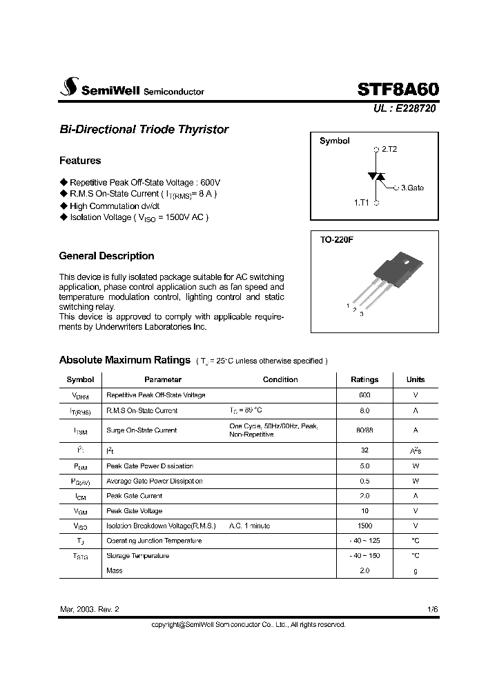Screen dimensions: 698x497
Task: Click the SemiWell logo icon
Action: tap(68, 87)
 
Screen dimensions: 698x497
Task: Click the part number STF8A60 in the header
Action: tap(398, 89)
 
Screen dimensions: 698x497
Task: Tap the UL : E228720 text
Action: tap(405, 108)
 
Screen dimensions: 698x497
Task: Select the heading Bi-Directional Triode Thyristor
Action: tap(144, 130)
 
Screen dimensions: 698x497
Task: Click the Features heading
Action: tap(80, 161)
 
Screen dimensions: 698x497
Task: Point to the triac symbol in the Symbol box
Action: tap(376, 177)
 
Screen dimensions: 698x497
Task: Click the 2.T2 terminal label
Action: tap(389, 149)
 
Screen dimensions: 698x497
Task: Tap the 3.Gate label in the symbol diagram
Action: tap(412, 187)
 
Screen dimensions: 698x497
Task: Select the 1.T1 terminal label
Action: tap(362, 203)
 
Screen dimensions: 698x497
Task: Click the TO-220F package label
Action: tap(337, 241)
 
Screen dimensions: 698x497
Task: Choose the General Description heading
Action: tap(106, 256)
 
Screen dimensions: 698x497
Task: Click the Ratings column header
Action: tap(364, 379)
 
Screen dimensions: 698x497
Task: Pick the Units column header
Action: tap(416, 379)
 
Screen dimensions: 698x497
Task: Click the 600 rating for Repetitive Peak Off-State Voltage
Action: tap(364, 395)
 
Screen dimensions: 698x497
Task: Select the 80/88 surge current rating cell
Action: tap(364, 430)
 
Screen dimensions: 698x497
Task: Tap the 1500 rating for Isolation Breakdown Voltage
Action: tap(364, 526)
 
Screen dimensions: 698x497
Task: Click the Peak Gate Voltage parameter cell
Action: tap(135, 511)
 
